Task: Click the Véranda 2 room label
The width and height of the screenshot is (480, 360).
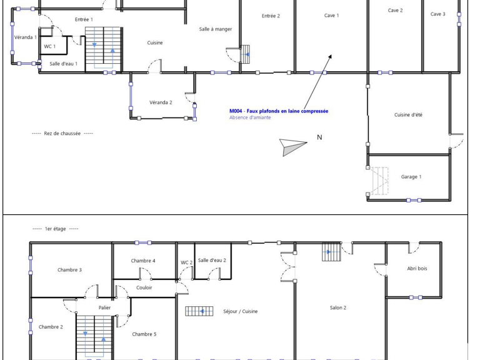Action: pos(161,102)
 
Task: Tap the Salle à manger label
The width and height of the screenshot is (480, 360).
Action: pos(216,29)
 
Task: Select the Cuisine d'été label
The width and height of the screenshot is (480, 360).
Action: pos(408,115)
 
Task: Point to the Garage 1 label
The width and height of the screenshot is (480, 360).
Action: pos(411,177)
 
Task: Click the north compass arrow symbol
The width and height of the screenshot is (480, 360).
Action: pos(292,147)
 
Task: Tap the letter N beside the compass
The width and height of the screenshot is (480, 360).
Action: pos(319,137)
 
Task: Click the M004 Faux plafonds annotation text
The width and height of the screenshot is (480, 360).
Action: pos(279,111)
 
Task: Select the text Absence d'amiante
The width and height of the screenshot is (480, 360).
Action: pos(250,117)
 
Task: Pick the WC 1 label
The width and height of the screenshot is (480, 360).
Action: pos(49,46)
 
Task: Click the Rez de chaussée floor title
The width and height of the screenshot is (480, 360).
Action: pos(62,134)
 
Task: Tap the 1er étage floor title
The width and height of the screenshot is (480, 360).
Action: pos(56,229)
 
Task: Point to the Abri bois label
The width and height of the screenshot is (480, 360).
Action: pos(417,269)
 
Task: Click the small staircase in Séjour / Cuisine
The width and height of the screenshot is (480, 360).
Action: pos(199,311)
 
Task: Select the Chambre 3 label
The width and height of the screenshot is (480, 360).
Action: pos(69,270)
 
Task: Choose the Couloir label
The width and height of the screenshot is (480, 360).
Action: pos(144,287)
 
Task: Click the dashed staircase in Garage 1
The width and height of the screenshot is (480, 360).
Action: pos(379,181)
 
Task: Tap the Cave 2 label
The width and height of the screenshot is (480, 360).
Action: pos(395,11)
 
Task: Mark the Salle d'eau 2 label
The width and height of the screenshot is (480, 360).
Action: pos(212,260)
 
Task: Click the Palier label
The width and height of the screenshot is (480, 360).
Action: pos(104,307)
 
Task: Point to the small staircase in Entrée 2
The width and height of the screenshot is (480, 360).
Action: pos(245,54)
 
